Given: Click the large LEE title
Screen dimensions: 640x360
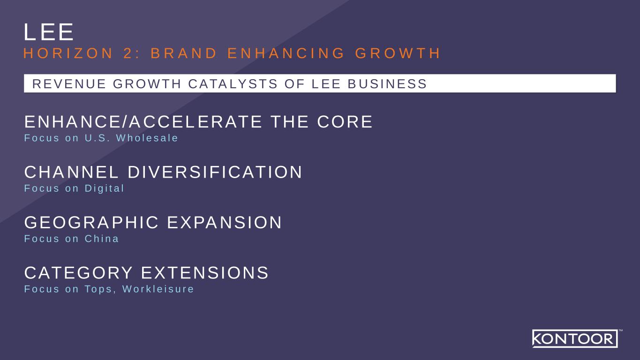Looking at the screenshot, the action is point(49,32).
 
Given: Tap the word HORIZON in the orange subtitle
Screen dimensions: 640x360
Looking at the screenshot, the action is point(68,53).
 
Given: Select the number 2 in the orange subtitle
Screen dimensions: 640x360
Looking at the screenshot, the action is point(128,53).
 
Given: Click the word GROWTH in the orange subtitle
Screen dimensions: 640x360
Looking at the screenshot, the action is point(398,53).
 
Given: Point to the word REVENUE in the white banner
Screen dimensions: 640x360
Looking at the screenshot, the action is point(69,84).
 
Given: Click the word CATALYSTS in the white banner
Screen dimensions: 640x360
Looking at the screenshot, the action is point(233,84).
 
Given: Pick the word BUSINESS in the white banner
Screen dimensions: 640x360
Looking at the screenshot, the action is point(387,84).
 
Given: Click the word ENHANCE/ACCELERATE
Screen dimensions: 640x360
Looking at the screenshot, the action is point(143,122).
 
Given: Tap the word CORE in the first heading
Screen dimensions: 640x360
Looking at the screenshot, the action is point(345,122).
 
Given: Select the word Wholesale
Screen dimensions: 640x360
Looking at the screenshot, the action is point(147,138).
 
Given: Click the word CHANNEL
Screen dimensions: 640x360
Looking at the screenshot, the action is point(71,172).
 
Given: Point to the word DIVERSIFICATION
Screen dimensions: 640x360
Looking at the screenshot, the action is point(215,172).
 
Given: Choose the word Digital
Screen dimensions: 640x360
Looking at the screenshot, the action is point(104,188).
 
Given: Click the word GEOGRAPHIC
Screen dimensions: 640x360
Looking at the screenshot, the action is point(91,222).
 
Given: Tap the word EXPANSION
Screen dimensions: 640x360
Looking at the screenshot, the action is point(225,222).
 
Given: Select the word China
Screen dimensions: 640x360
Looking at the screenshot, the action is point(101,239).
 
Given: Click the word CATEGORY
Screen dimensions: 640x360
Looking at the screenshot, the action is point(79,272).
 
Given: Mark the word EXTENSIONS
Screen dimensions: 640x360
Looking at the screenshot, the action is point(205,272).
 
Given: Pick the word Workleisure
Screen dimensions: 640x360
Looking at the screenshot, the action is point(158,289).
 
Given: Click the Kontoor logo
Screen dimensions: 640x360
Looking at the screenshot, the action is point(575,338).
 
